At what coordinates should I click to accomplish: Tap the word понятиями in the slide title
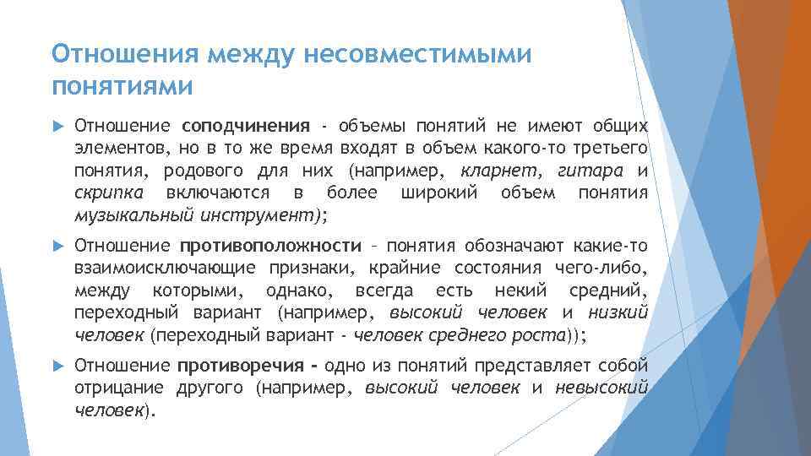tap(122, 86)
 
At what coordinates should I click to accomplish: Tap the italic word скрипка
tap(106, 193)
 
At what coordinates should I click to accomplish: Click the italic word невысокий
tap(601, 388)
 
